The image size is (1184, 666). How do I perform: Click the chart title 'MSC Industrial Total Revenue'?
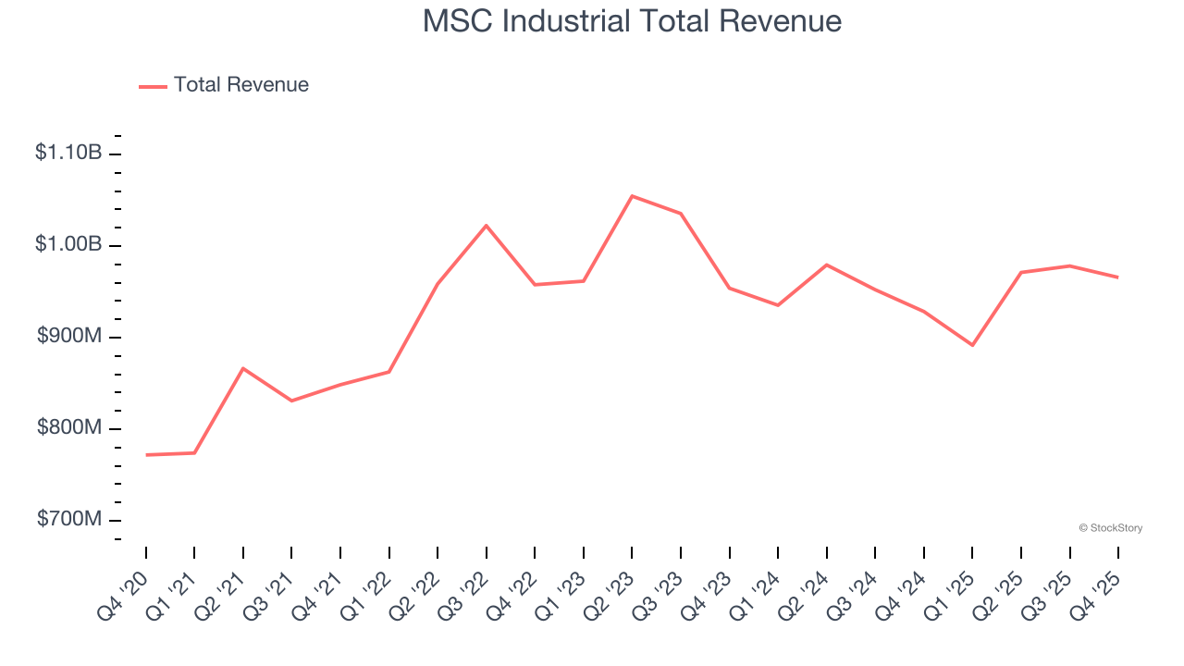(x=632, y=21)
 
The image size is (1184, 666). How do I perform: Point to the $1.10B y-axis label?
(x=68, y=153)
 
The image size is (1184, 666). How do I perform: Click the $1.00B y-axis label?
(x=68, y=244)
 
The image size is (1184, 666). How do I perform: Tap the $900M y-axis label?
(x=69, y=336)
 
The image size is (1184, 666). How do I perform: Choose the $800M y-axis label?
(x=69, y=427)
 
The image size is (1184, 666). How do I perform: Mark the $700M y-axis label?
(x=69, y=519)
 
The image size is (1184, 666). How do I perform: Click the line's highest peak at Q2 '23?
(x=632, y=196)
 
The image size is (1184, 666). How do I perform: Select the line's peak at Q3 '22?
(x=487, y=226)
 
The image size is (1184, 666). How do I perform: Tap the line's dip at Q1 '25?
(x=972, y=345)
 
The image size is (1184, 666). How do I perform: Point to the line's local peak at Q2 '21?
(x=243, y=368)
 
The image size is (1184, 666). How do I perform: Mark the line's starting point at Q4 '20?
(x=146, y=455)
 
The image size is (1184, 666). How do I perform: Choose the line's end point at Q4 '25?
(x=1117, y=277)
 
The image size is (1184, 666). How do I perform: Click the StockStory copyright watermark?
(x=1110, y=528)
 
